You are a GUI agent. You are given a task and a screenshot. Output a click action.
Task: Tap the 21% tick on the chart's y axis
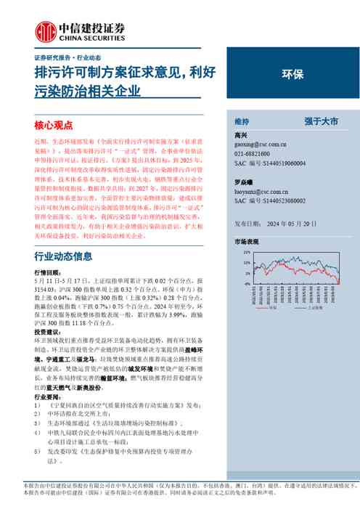point(246,252)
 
